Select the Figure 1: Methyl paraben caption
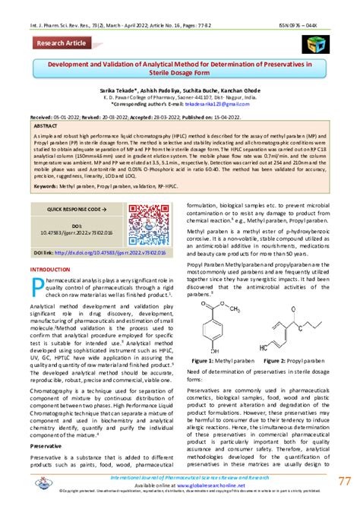218,359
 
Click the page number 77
346,482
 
